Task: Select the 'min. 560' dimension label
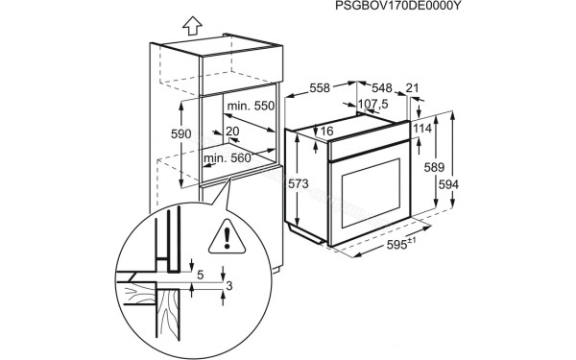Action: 228,156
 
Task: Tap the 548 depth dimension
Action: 381,86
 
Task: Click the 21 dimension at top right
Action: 415,86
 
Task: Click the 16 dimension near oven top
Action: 326,131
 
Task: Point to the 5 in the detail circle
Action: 201,274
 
